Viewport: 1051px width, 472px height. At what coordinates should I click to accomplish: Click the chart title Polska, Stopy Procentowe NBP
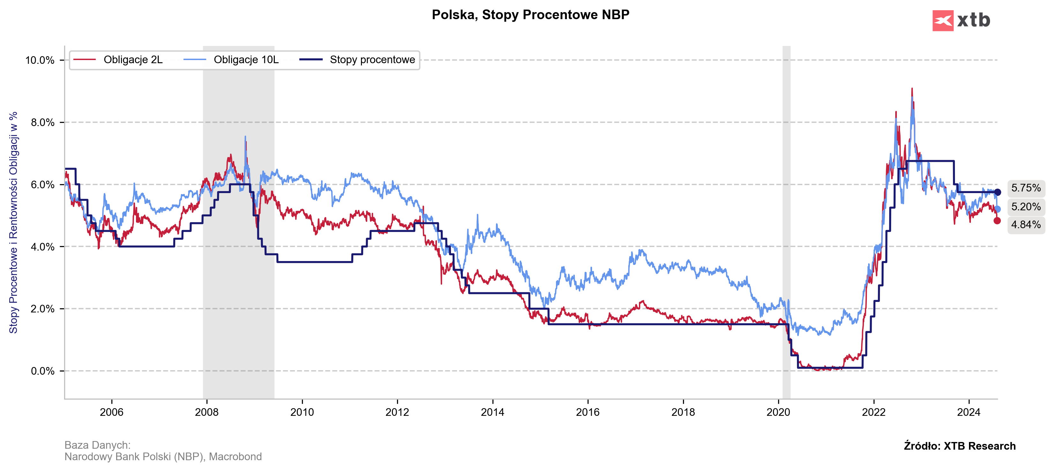(530, 15)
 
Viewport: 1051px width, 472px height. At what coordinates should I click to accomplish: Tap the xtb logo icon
(942, 20)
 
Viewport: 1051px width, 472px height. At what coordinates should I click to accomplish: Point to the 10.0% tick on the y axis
(40, 60)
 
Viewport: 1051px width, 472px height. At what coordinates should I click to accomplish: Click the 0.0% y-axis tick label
(42, 371)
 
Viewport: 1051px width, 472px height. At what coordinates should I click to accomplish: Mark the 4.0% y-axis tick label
(42, 247)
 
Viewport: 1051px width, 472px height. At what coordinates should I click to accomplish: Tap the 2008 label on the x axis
(206, 412)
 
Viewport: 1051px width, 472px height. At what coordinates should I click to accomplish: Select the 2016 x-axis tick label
(588, 412)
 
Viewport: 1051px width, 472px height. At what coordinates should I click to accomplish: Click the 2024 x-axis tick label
(969, 412)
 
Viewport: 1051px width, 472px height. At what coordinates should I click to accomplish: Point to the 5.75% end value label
(1026, 188)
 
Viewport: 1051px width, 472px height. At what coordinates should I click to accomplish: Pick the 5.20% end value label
(1026, 207)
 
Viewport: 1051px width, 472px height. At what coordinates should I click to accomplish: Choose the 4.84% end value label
(1026, 225)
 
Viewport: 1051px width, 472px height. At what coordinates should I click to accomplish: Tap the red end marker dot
(997, 221)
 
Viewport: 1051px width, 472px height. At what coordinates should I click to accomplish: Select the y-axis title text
(13, 222)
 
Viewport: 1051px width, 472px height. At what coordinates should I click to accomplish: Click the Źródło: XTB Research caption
(960, 446)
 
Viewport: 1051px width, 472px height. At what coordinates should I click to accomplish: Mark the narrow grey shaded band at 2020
(786, 222)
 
